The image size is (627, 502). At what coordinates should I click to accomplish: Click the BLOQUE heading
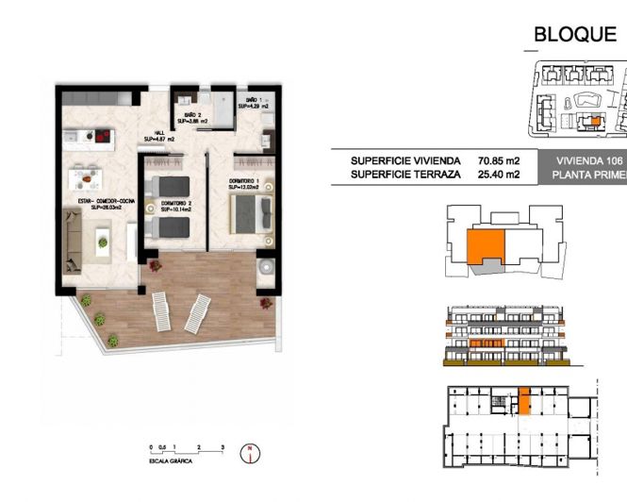[x=574, y=35]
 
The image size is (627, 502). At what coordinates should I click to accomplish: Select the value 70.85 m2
[x=500, y=160]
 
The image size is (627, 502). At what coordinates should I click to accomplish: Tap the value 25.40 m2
[x=500, y=175]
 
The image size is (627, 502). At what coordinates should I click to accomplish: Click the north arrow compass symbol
[x=248, y=454]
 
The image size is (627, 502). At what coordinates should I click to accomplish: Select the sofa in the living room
[x=74, y=239]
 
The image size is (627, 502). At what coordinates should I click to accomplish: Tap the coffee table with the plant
[x=103, y=245]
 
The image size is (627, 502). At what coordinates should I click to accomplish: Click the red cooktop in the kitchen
[x=103, y=142]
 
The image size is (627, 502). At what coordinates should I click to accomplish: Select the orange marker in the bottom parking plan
[x=525, y=402]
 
